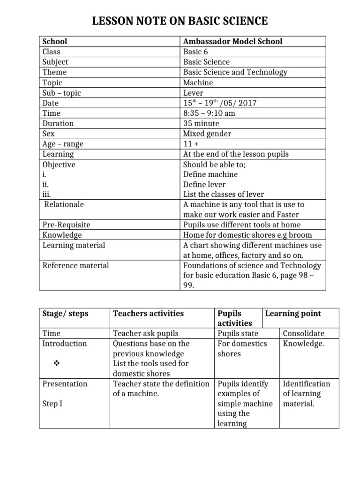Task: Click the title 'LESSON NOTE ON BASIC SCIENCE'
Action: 180,21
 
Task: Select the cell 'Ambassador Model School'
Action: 232,41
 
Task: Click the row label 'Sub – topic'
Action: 61,93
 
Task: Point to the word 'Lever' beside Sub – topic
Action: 193,93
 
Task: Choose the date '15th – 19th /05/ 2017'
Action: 220,103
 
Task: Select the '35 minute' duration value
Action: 201,123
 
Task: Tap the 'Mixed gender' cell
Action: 207,134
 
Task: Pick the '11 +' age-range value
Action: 191,144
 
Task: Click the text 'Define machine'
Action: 210,174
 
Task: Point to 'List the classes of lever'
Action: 223,194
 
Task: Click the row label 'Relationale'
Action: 64,204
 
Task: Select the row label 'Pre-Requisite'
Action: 66,225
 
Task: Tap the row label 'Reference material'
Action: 75,265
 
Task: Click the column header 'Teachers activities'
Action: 148,313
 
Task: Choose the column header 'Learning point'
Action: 293,313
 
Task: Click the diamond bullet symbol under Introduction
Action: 57,363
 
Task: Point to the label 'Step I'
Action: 52,404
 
